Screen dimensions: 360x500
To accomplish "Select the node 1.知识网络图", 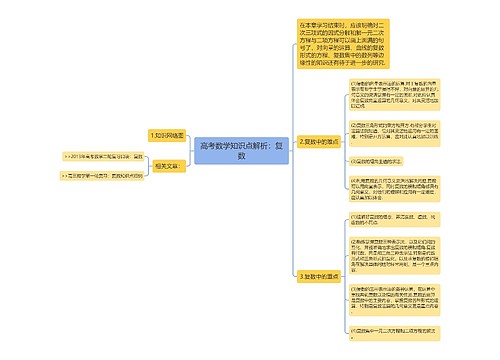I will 167,134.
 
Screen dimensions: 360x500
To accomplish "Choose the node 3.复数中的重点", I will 319,275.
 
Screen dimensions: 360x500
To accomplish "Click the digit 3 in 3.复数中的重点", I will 300,275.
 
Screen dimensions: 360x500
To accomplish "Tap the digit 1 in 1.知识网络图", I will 150,134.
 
